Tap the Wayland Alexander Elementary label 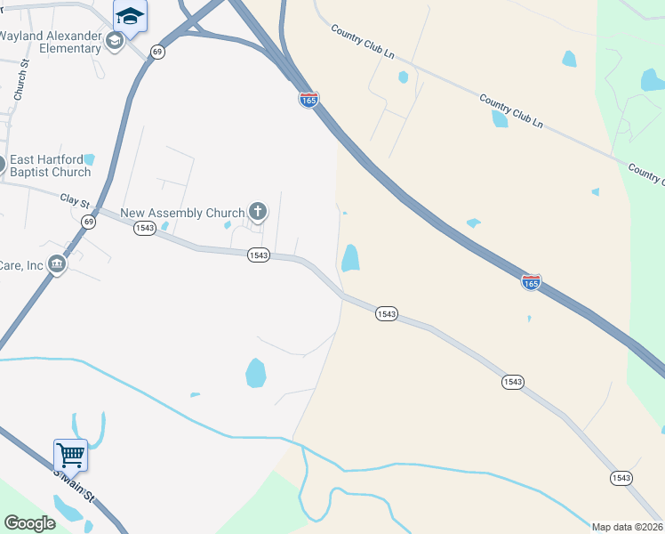(x=51, y=42)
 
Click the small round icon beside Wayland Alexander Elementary (x=114, y=40)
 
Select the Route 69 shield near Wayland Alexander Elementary (x=157, y=53)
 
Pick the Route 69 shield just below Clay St (x=88, y=221)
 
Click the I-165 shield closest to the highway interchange (x=308, y=100)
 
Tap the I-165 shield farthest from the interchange (x=531, y=281)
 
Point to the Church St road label (x=22, y=79)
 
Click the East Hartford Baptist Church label (x=51, y=166)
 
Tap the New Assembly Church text (x=182, y=213)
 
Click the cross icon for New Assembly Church (x=258, y=212)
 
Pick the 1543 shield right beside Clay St (x=145, y=229)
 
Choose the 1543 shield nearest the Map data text (x=621, y=478)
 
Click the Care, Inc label (x=21, y=265)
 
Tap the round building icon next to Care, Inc (x=58, y=264)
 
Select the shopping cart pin (x=70, y=455)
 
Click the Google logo (x=30, y=522)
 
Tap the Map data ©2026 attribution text (x=628, y=527)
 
